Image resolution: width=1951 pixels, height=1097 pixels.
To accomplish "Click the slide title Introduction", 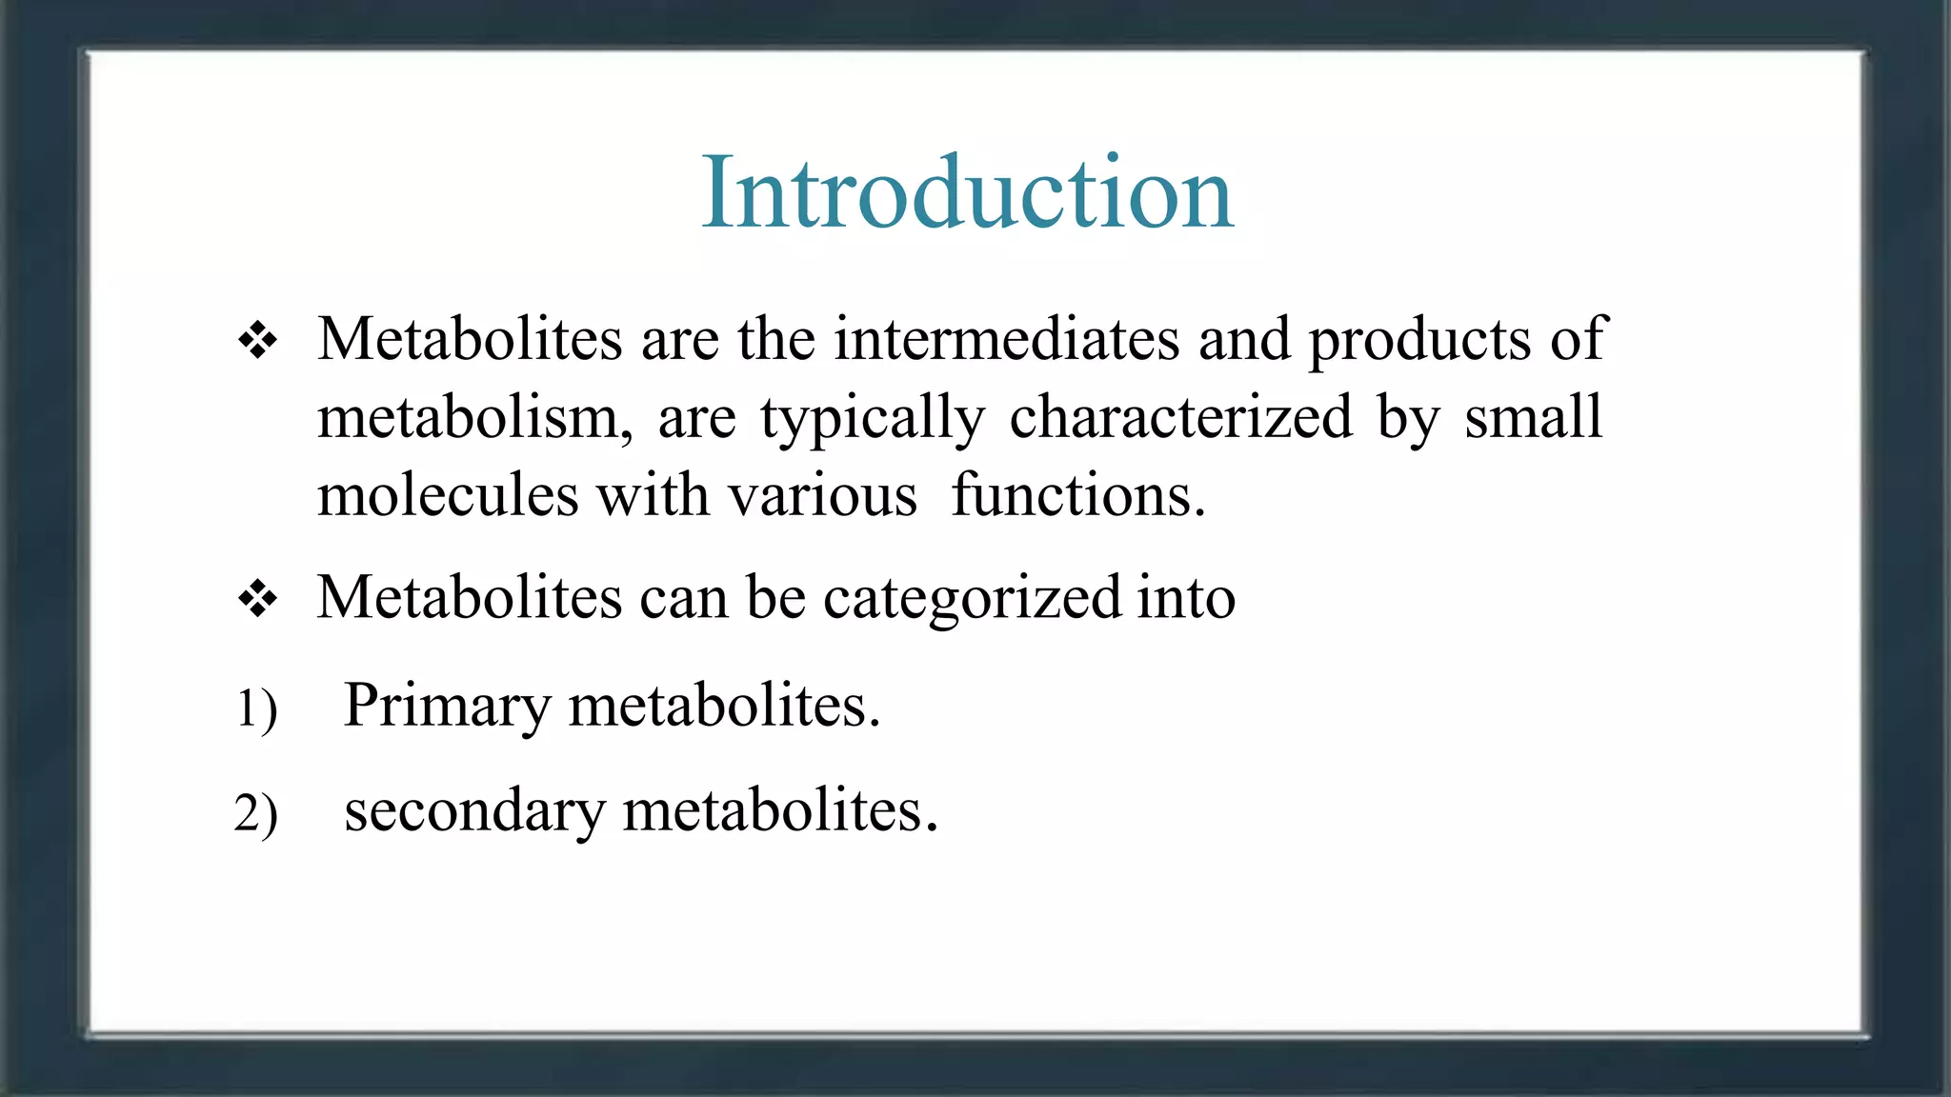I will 967,192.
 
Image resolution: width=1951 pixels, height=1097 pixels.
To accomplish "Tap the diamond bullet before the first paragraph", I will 257,340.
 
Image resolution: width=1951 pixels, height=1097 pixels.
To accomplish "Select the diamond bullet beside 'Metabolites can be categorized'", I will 257,600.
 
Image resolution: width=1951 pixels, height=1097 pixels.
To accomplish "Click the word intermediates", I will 1007,339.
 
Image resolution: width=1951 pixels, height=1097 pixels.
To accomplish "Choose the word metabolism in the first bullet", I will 474,418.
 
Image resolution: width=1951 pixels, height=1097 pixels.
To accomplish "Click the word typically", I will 872,420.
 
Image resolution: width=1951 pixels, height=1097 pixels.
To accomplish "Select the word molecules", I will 448,496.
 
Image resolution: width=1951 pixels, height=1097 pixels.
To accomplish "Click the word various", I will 822,496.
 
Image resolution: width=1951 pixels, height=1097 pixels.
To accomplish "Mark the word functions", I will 1077,495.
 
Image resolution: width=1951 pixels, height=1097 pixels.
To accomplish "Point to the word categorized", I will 973,599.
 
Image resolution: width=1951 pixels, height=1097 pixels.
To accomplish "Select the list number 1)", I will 255,708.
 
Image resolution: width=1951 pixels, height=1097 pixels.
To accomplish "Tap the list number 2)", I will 255,813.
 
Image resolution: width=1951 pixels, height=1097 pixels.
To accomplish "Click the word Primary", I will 447,707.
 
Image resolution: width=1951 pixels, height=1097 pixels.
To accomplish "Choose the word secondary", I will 474,811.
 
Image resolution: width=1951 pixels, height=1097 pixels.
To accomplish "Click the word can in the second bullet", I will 682,599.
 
